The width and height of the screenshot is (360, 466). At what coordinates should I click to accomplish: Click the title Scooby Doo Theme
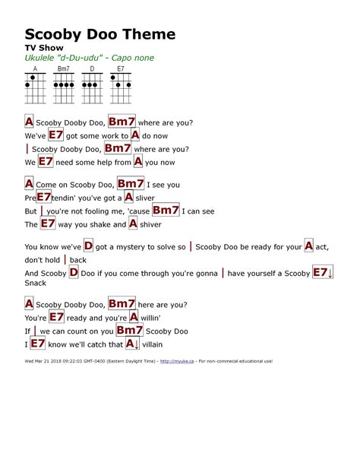pyautogui.click(x=100, y=34)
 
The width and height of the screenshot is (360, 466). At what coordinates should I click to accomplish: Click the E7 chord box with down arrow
pyautogui.click(x=323, y=273)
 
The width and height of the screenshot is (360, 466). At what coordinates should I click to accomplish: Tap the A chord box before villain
pyautogui.click(x=134, y=344)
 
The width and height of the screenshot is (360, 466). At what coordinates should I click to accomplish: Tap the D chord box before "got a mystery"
pyautogui.click(x=88, y=246)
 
